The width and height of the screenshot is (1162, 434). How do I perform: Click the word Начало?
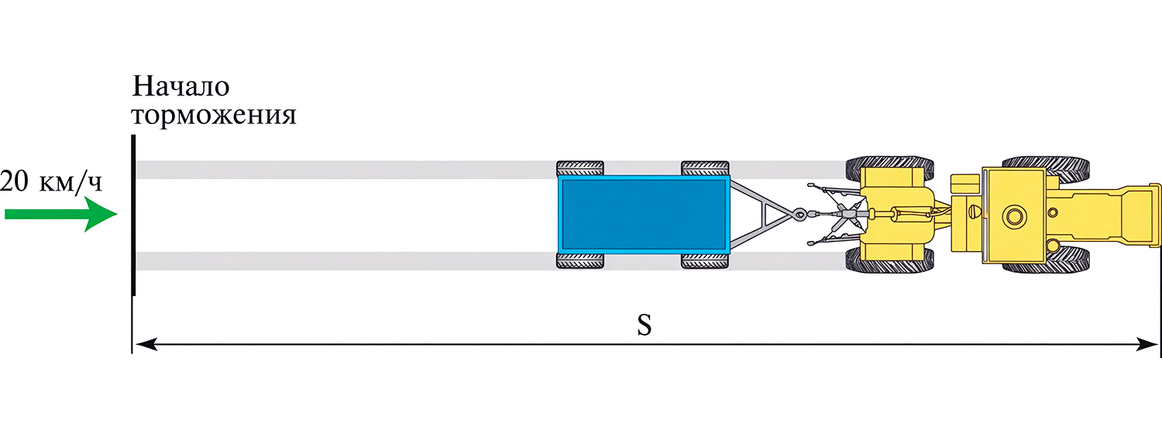coord(180,87)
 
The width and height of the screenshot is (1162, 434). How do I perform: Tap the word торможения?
coord(214,115)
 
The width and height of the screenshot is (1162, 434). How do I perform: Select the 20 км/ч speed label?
coord(51,181)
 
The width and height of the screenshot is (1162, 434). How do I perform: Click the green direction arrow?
coord(60,214)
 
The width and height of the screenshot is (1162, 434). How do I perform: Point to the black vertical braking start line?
coord(133,215)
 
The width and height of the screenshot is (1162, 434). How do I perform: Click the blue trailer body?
coord(644,215)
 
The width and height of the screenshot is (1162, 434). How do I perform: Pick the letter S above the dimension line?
coord(644,325)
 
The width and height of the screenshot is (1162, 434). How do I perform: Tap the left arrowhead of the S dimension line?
coord(146,343)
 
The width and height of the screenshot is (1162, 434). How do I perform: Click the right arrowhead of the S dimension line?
coord(1147,343)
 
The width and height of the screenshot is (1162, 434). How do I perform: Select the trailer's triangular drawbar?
coord(761,214)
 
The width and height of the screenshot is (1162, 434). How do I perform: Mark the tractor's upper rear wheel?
coord(889,167)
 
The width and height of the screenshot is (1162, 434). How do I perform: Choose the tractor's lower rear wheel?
coord(889,260)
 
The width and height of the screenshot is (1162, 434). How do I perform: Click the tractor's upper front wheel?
coord(1045,167)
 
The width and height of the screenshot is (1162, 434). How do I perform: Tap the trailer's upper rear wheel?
coord(580,168)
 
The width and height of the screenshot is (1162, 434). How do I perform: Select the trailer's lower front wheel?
coord(704,260)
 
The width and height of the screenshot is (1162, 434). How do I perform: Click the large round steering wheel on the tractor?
coord(1015,215)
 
